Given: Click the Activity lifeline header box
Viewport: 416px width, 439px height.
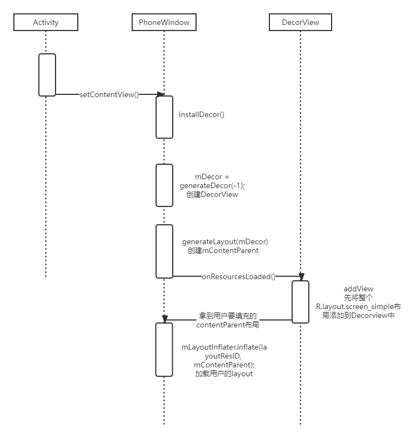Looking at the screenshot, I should (46, 22).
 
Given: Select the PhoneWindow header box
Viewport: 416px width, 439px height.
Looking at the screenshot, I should (164, 22).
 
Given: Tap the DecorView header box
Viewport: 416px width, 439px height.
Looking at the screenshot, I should (300, 22).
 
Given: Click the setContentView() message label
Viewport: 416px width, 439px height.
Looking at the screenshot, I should (109, 94).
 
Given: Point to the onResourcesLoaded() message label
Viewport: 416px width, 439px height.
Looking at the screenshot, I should (239, 276).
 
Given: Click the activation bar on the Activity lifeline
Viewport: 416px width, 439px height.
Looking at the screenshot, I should (47, 74).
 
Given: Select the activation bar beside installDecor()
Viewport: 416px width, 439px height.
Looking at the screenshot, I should (164, 117).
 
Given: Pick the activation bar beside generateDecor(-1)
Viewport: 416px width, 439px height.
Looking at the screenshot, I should (164, 185).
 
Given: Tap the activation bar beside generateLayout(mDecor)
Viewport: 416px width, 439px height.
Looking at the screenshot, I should (164, 251).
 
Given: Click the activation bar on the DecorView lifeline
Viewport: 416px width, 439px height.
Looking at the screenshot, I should (300, 301).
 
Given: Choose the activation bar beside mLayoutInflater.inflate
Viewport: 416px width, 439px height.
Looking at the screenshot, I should (164, 350).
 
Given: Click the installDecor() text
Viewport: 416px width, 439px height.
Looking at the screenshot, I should (201, 114).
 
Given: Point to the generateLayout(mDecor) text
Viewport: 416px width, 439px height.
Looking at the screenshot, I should (225, 242).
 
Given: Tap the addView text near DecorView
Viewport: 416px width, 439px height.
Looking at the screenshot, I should (358, 289).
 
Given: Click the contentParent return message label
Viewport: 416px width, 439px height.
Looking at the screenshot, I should (228, 319).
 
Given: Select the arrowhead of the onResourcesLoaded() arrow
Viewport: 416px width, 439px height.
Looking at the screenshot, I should (301, 276).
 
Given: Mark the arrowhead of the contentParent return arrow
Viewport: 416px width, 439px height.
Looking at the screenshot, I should (165, 319).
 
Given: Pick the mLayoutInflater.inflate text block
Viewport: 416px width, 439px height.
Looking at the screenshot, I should (224, 360).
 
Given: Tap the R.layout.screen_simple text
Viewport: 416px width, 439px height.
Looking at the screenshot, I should (358, 306).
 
